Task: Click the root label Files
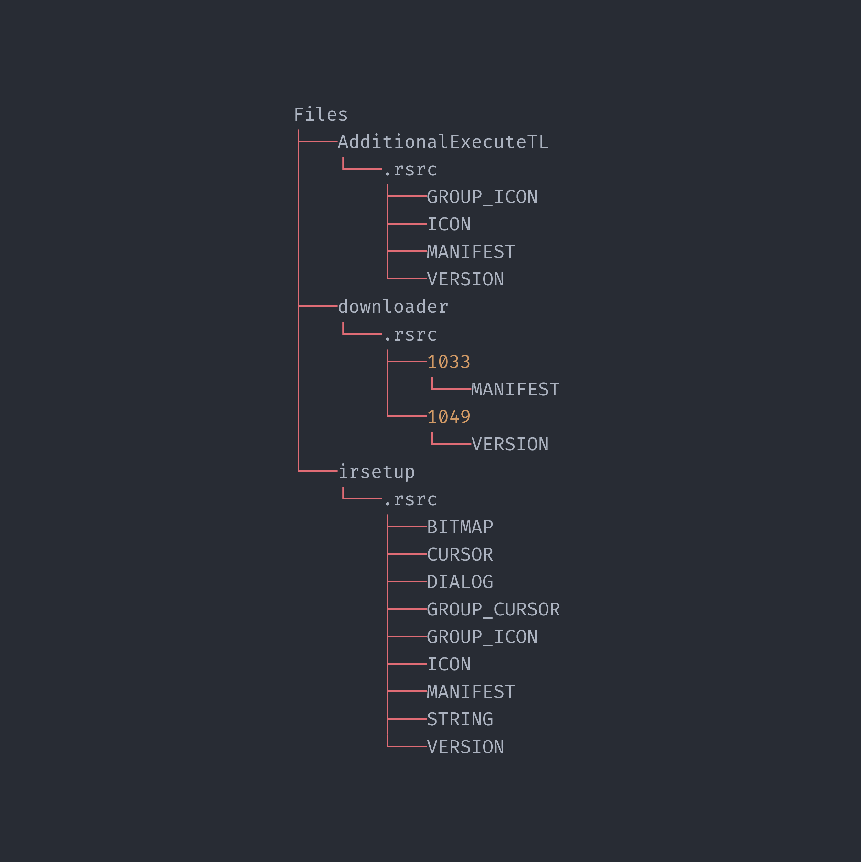pos(321,115)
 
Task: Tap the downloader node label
pos(393,307)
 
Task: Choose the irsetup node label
pos(376,472)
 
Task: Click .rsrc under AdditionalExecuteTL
pos(410,170)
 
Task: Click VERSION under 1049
pos(510,444)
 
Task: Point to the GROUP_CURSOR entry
pos(493,609)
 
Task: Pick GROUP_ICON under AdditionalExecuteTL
pos(482,197)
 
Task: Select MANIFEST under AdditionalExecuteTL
pos(471,252)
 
